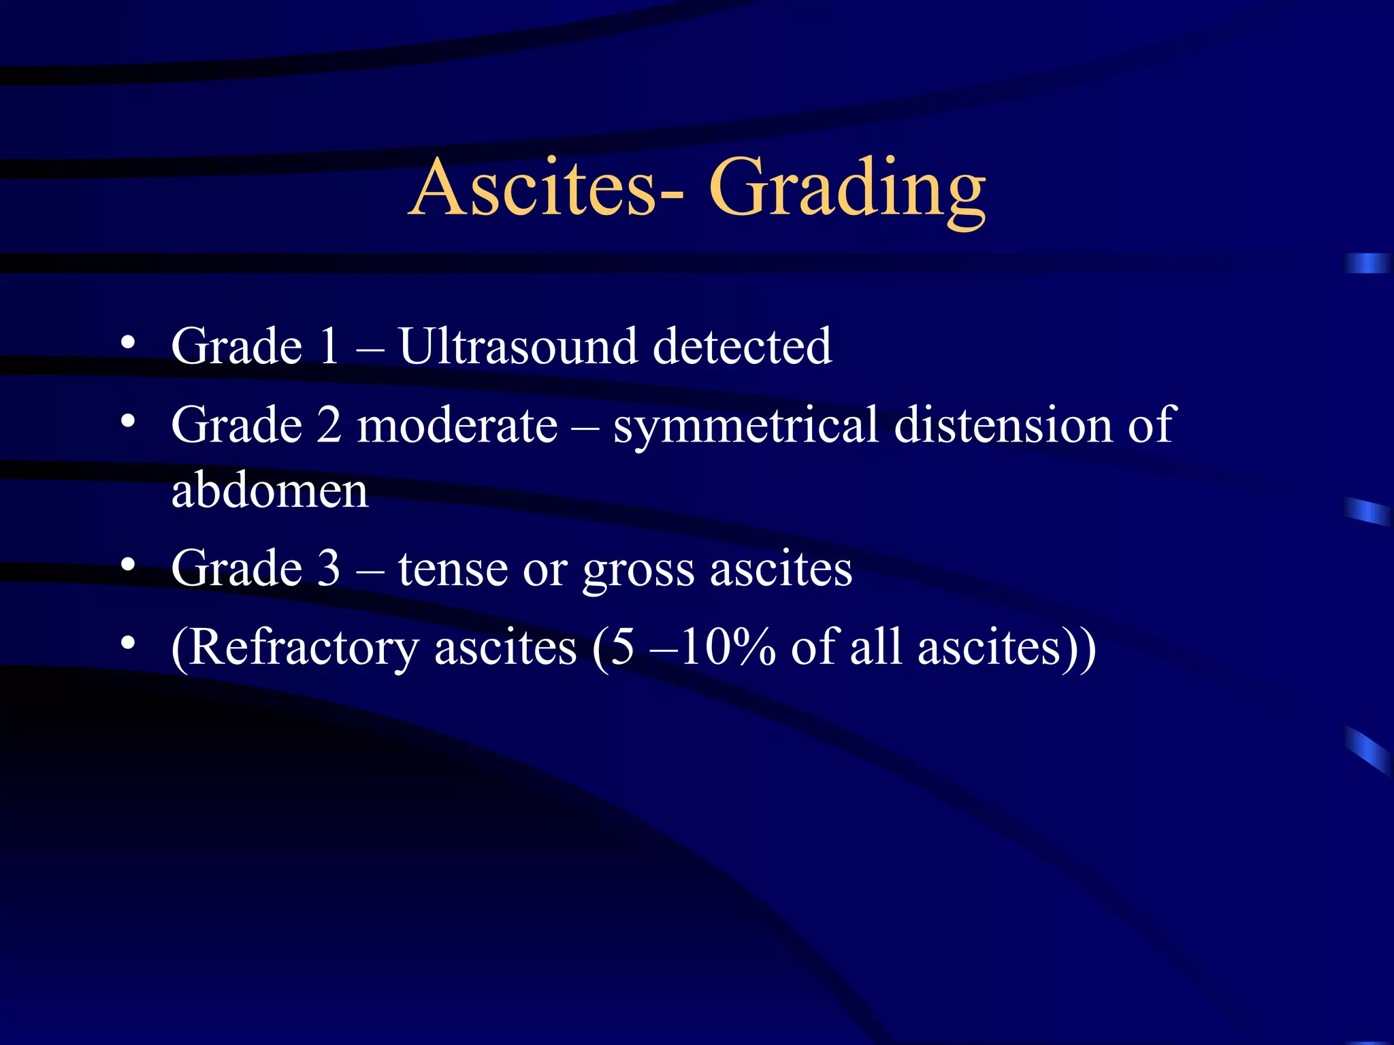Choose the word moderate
[457, 425]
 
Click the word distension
[1003, 425]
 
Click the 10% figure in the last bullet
[727, 647]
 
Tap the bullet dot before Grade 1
[127, 344]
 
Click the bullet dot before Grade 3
[127, 565]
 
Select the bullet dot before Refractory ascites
[127, 644]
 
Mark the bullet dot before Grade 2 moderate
[127, 422]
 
